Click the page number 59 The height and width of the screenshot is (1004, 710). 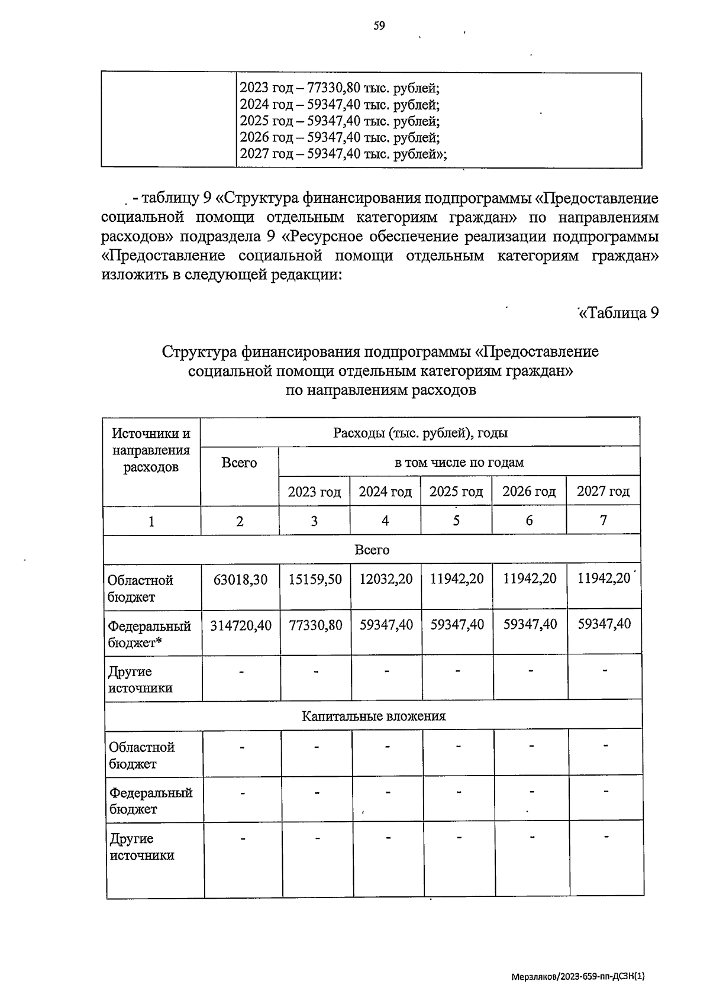point(379,25)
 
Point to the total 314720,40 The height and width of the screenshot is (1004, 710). point(241,625)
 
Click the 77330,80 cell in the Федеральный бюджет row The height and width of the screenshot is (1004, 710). point(315,625)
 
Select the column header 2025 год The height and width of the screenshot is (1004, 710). point(456,492)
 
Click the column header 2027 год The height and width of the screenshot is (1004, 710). point(603,491)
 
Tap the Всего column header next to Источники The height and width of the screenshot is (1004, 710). point(239,463)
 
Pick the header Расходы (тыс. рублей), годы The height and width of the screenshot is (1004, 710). point(420,433)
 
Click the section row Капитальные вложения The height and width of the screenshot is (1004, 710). point(373,716)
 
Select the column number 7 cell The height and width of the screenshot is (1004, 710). point(603,520)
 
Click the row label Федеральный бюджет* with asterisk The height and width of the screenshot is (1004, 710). point(150,634)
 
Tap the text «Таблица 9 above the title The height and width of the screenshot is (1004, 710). point(618,313)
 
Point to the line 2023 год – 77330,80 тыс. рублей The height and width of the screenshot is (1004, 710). point(339,89)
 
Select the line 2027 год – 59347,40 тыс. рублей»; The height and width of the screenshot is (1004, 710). point(343,154)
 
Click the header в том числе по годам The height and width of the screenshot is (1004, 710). point(459,462)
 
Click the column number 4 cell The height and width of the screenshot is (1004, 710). point(385,521)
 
